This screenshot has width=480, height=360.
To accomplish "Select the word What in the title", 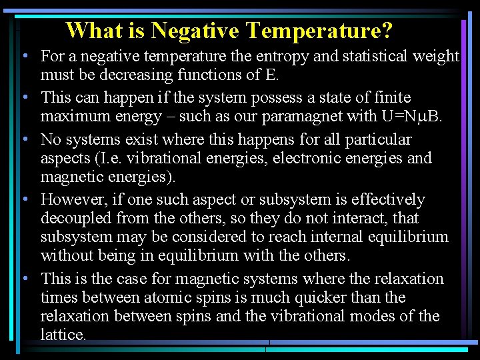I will click(95, 31).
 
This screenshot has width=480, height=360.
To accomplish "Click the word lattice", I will click(63, 335).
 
